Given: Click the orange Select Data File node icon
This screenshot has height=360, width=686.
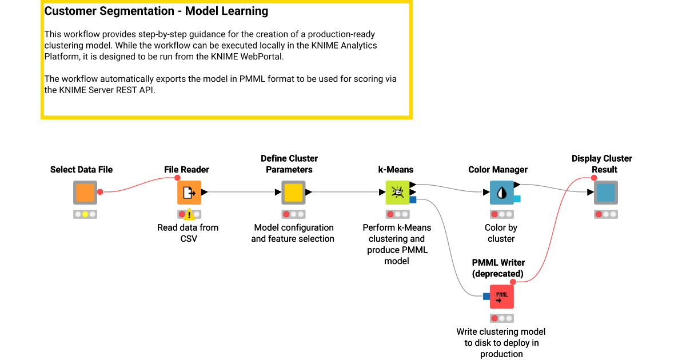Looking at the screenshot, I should [85, 193].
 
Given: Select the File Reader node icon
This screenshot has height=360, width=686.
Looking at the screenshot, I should [189, 193].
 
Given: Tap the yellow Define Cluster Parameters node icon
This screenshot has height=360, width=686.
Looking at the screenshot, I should [293, 193].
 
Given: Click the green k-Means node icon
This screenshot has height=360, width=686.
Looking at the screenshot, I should [397, 193].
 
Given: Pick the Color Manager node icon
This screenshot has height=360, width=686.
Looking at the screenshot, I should [501, 193].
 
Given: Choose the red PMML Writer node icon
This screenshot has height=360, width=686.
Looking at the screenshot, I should [501, 297].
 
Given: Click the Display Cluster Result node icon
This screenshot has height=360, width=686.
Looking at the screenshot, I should [605, 193].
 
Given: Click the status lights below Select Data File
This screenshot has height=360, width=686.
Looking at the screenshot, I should [85, 214].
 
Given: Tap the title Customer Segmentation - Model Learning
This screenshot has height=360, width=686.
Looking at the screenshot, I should [156, 11].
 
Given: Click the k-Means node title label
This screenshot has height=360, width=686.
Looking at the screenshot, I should [396, 170].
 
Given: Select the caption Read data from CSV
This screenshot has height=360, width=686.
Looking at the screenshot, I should [188, 233].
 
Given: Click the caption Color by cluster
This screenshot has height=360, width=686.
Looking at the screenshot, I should [501, 233].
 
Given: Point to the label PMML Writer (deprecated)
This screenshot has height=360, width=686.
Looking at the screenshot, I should [498, 268].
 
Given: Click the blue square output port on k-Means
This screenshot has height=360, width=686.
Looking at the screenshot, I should [413, 199].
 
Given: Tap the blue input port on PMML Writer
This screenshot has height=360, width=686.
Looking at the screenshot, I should [486, 297].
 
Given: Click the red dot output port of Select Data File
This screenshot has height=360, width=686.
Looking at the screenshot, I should [100, 193].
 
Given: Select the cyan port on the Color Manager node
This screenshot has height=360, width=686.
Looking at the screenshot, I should [517, 199].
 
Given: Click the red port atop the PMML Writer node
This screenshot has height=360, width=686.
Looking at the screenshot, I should [513, 282].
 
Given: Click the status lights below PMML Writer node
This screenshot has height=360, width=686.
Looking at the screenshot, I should [501, 318].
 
